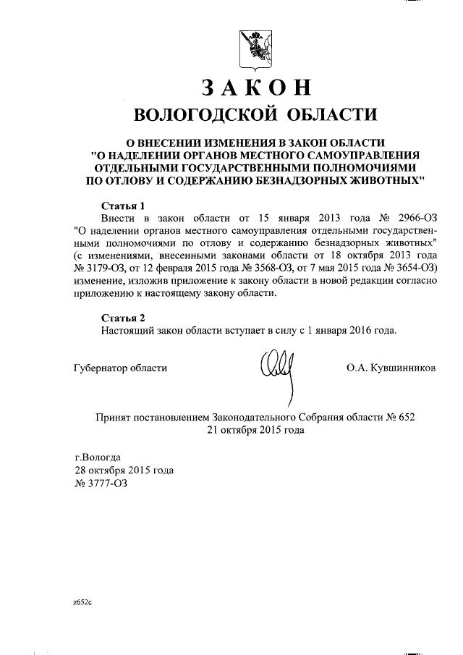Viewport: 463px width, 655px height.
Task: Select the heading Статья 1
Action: point(122,205)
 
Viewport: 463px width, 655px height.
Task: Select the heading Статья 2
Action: point(122,316)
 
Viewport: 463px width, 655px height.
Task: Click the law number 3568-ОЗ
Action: point(266,270)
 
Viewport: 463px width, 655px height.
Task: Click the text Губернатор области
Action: point(120,368)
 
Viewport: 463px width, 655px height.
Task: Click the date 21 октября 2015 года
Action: point(255,430)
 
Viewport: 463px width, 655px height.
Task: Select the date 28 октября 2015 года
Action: point(124,470)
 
